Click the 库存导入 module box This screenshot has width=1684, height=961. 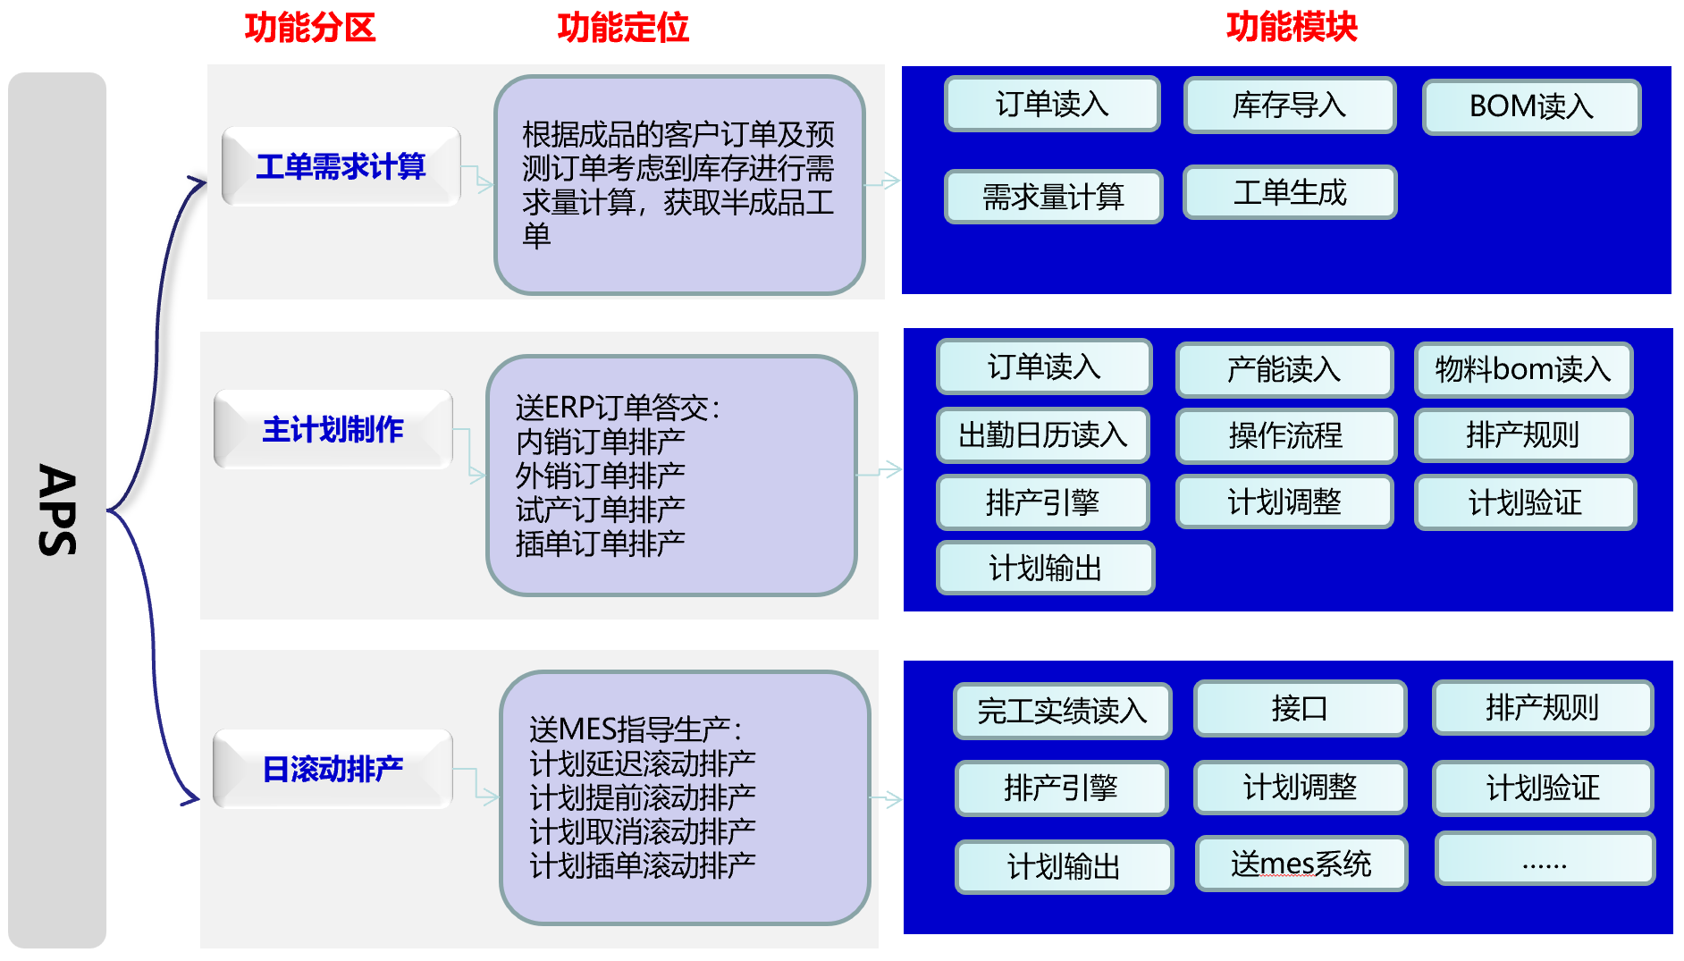point(1290,105)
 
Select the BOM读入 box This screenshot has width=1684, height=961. point(1531,106)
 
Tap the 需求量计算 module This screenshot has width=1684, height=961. point(1053,197)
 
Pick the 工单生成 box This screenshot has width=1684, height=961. point(1290,192)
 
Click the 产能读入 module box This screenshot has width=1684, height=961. point(1284,369)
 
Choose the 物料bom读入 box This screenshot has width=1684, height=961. point(1523,369)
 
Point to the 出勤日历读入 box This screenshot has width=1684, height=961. point(1043,435)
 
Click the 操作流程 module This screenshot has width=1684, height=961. point(1285,435)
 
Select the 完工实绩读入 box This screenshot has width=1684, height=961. point(1062,711)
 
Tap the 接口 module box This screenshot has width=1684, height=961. point(1300,708)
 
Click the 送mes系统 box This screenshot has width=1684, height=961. point(1301,864)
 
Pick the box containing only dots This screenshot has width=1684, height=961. point(1545,859)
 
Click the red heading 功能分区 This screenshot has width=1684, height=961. point(310,28)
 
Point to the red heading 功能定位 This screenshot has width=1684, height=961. point(623,28)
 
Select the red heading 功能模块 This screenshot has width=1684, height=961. point(1292,27)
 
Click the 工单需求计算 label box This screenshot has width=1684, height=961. point(341,166)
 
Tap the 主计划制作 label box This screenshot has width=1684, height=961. point(333,429)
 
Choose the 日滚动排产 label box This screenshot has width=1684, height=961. point(333,769)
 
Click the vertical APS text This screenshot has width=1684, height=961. point(57,510)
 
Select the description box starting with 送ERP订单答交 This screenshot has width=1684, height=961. point(671,476)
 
